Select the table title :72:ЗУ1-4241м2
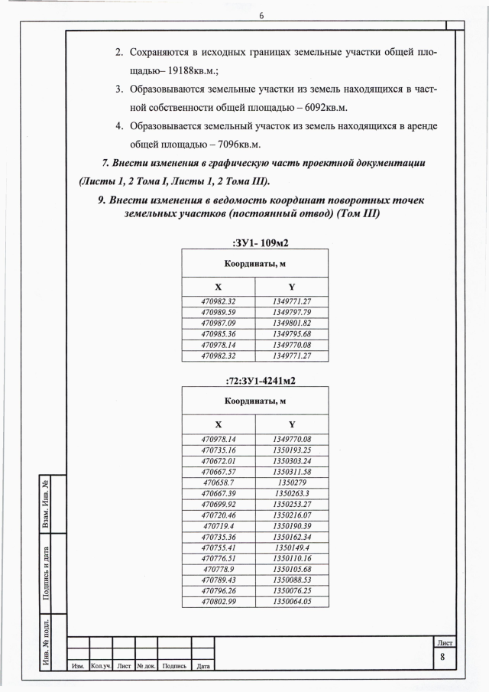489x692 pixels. (255, 379)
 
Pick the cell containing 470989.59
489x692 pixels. (218, 312)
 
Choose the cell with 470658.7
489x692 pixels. (218, 483)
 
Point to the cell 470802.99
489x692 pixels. (218, 602)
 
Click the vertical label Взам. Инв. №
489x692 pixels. (47, 505)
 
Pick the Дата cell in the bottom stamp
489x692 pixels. (203, 667)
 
